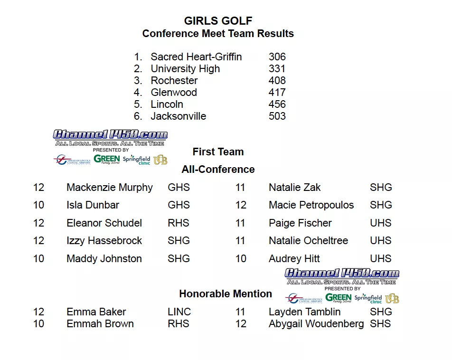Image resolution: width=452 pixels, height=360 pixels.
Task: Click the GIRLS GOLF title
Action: pos(218,21)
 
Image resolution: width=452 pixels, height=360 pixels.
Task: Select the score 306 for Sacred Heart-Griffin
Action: pos(277,57)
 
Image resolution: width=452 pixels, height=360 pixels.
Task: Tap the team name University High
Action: pos(185,69)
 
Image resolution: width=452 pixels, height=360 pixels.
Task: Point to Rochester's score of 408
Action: pos(277,81)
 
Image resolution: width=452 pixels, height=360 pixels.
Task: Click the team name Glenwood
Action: pos(174,93)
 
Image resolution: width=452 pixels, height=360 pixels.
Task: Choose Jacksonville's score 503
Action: pos(277,116)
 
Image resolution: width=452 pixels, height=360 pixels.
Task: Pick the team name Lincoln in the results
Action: pos(167,104)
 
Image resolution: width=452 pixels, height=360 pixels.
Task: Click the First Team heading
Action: pos(218,152)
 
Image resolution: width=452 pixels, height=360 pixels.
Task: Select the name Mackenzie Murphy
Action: pos(110,188)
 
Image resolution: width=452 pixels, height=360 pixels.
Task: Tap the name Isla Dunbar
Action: pos(93,205)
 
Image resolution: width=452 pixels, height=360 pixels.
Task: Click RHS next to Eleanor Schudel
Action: pos(179,223)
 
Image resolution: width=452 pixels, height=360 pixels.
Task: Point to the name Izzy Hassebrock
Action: pos(104,241)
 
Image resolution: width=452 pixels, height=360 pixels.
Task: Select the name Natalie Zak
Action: pos(294,188)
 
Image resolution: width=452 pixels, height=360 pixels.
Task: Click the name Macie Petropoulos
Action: pos(311,205)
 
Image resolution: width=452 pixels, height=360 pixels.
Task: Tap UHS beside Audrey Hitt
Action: pos(381,259)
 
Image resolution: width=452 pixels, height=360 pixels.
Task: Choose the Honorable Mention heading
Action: pos(226,294)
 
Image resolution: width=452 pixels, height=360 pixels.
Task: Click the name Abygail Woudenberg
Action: pos(316,324)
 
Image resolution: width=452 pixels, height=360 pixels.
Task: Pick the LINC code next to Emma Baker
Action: pos(179,312)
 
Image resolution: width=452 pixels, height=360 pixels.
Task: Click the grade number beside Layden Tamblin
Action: pos(240,312)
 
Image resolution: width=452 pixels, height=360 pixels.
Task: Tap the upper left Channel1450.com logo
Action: pos(110,135)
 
